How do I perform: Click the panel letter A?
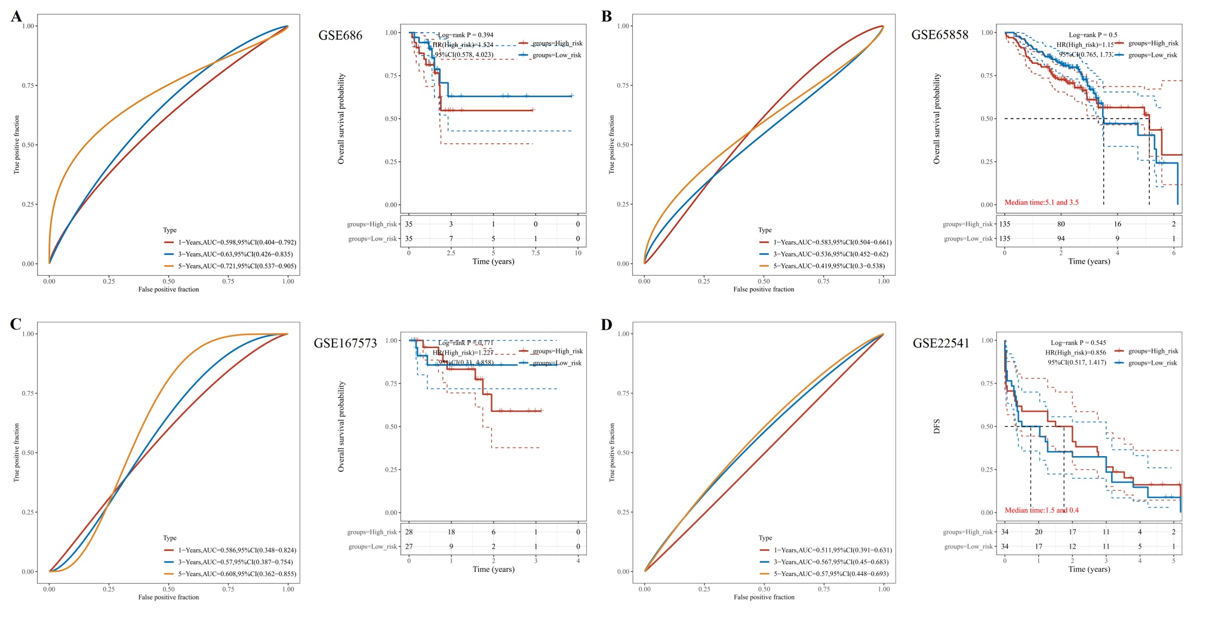pos(16,16)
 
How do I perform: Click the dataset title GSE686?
pos(340,35)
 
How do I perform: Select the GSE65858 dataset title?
pos(940,35)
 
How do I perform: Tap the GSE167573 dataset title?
pos(345,343)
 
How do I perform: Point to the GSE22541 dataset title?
pos(941,343)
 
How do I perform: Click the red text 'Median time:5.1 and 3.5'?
pos(1041,202)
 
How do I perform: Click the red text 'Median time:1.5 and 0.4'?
pos(1041,510)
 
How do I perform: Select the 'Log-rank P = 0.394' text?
pos(466,35)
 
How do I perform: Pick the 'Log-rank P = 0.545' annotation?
pos(1078,343)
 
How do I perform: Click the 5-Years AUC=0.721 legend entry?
pos(236,266)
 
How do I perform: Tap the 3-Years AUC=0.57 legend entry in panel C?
pos(235,562)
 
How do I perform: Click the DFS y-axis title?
pos(937,426)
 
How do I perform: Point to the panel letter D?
pos(607,325)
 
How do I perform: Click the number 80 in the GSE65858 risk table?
pos(1061,224)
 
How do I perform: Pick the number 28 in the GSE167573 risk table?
pos(409,532)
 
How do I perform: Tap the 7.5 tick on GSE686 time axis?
pos(536,253)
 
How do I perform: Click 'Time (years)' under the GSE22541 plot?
pos(1089,569)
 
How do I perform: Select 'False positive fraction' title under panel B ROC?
pos(764,290)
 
